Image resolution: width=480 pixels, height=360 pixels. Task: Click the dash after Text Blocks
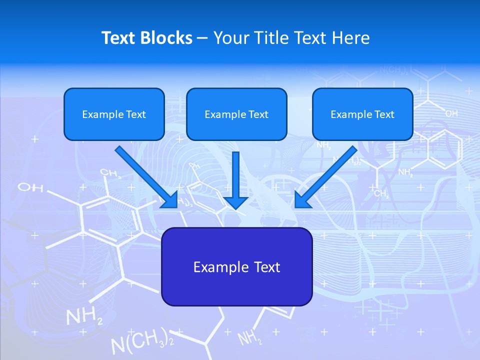pos(202,38)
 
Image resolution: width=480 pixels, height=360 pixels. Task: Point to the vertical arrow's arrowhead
pos(236,201)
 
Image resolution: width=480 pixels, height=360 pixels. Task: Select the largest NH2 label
pos(84,316)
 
